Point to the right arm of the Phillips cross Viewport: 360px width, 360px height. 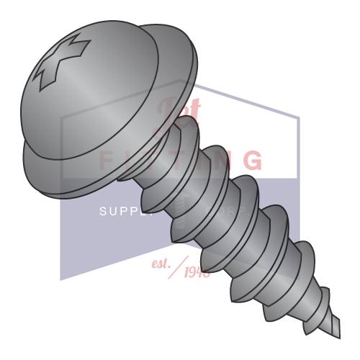click(81, 63)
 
